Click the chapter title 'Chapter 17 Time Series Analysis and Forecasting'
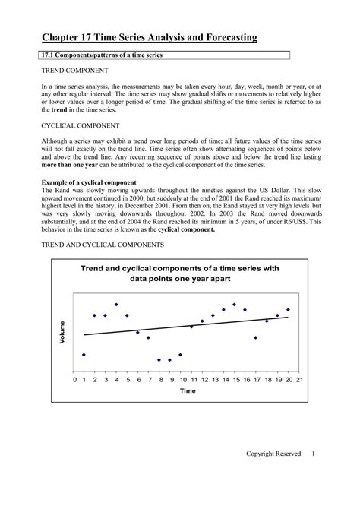point(149,36)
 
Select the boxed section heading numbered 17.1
point(103,55)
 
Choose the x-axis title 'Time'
point(188,390)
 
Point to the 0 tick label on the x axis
point(74,378)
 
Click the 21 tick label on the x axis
point(300,378)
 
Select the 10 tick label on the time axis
point(181,378)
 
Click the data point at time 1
point(84,355)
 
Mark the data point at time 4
point(116,305)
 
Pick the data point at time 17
point(256,337)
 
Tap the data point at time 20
point(289,310)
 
